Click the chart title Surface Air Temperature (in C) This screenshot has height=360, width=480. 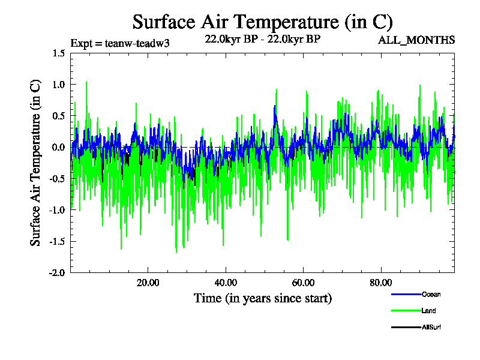click(262, 22)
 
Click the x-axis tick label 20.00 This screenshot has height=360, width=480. click(148, 283)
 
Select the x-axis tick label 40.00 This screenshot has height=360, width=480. click(225, 283)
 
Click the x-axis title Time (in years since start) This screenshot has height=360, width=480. click(262, 298)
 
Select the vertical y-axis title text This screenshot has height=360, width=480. click(36, 163)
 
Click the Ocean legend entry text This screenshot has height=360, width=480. click(431, 295)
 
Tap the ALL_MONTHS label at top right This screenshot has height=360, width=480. click(416, 40)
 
